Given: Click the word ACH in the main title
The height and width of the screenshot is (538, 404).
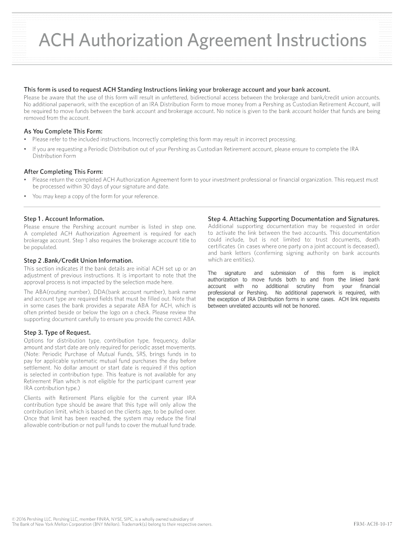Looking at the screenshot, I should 57,40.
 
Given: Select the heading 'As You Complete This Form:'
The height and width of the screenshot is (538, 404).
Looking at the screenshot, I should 63,131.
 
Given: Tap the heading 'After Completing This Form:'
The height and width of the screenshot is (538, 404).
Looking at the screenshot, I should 63,171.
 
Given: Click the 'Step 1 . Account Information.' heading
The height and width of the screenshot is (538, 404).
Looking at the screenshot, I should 64,219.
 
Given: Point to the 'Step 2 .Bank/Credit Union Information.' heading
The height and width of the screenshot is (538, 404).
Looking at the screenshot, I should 78,261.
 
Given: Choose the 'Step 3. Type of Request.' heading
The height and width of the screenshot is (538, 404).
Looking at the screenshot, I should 57,333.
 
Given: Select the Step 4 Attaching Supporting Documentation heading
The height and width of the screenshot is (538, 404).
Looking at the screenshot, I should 293,219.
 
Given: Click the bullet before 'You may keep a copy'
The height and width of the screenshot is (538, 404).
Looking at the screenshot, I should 26,196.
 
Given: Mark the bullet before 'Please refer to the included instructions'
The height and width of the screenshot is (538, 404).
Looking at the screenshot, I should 26,139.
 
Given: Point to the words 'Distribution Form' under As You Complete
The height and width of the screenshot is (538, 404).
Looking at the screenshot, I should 54,156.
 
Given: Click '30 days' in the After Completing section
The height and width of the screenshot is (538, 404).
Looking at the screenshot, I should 88,187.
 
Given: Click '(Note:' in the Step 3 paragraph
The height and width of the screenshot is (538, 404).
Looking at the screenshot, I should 33,354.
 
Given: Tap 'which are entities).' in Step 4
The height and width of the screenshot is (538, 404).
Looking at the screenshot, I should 231,260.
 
